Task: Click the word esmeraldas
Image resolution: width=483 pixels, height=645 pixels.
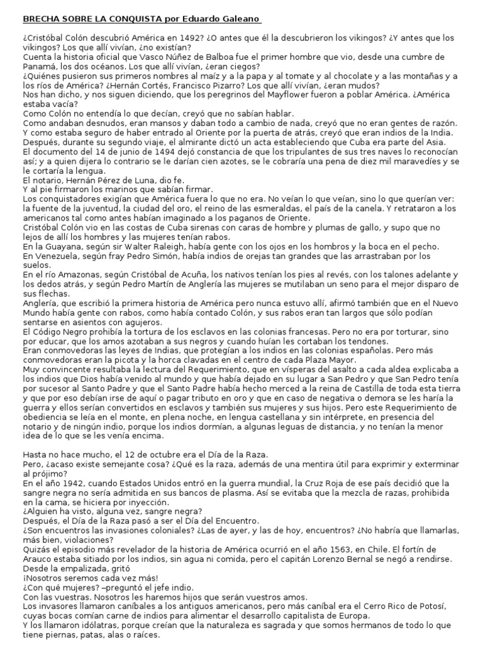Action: click(x=298, y=209)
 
